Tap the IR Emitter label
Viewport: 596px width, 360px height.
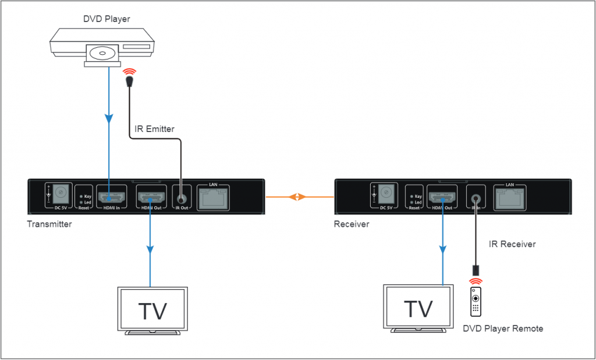pyautogui.click(x=154, y=129)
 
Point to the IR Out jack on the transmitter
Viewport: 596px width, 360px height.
pyautogui.click(x=182, y=195)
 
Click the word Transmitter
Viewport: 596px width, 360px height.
pyautogui.click(x=49, y=224)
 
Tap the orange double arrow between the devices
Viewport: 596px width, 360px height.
pyautogui.click(x=298, y=197)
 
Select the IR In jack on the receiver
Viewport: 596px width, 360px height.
pyautogui.click(x=477, y=195)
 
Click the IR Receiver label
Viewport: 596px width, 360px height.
pyautogui.click(x=512, y=244)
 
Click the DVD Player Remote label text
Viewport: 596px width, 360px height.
pyautogui.click(x=503, y=329)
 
